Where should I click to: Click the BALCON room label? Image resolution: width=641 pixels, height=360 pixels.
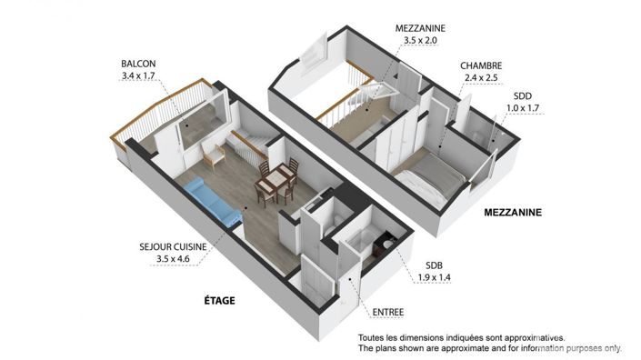tap(137, 64)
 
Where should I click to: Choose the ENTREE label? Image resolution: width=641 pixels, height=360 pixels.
tap(388, 314)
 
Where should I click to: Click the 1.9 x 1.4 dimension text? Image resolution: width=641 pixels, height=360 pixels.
tap(432, 279)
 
